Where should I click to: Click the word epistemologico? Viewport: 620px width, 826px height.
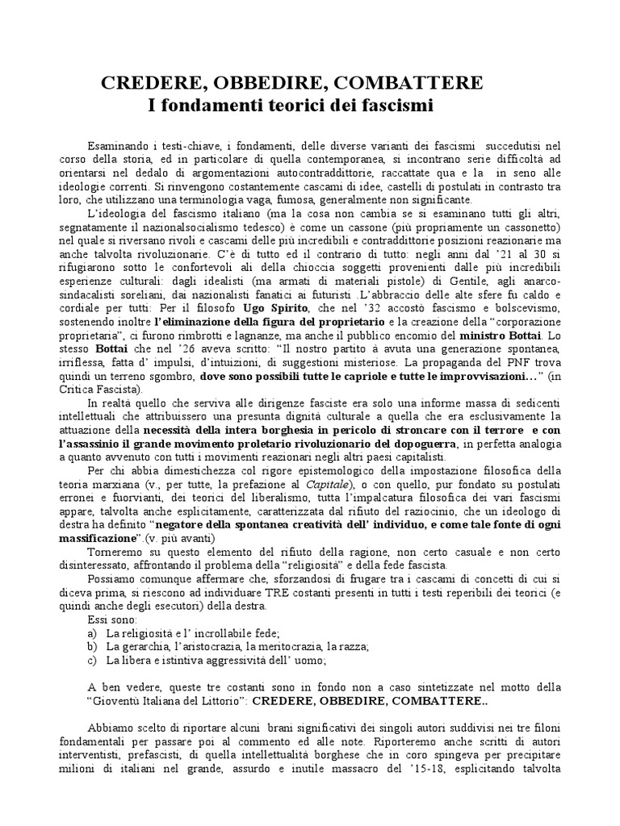331,471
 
